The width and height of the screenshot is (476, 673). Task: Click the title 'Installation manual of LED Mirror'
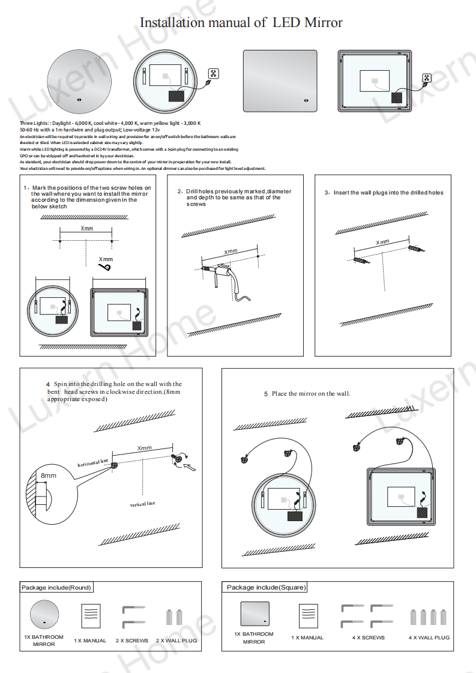pyautogui.click(x=241, y=23)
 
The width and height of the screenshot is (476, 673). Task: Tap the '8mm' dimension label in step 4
pyautogui.click(x=48, y=475)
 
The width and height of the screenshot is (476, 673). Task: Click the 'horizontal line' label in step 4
pyautogui.click(x=93, y=463)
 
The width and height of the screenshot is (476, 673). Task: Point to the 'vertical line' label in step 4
pyautogui.click(x=142, y=504)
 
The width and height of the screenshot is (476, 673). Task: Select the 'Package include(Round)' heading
pyautogui.click(x=56, y=587)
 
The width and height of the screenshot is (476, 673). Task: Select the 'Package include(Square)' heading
pyautogui.click(x=266, y=587)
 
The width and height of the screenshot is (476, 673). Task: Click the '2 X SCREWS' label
pyautogui.click(x=131, y=641)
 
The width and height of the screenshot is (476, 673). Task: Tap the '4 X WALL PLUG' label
pyautogui.click(x=429, y=638)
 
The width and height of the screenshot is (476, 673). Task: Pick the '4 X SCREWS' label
pyautogui.click(x=368, y=638)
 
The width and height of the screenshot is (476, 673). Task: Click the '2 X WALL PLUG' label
pyautogui.click(x=176, y=641)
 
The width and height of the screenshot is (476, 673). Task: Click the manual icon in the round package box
pyautogui.click(x=90, y=615)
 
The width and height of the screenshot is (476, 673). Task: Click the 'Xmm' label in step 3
pyautogui.click(x=382, y=242)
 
